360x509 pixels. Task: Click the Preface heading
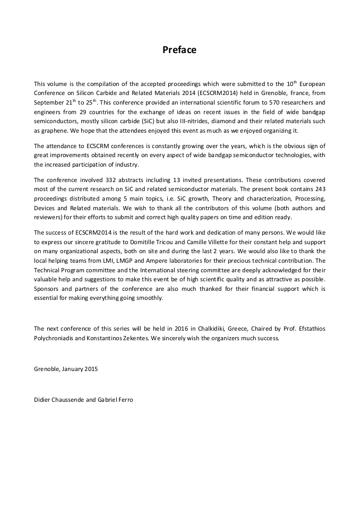179,50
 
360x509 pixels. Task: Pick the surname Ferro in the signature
125,399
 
